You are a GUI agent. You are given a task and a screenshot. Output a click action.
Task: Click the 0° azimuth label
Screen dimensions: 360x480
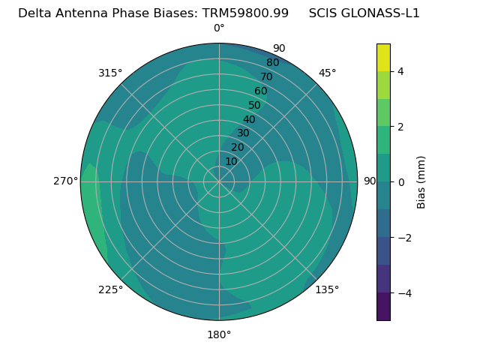pyautogui.click(x=219, y=28)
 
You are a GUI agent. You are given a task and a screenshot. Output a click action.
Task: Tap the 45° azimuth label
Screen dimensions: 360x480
pyautogui.click(x=328, y=73)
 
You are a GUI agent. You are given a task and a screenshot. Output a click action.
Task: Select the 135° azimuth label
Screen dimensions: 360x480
pyautogui.click(x=327, y=289)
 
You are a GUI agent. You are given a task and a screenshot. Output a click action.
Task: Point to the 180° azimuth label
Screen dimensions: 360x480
pyautogui.click(x=219, y=334)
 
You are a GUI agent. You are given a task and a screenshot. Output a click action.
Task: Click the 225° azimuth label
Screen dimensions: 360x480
pyautogui.click(x=110, y=289)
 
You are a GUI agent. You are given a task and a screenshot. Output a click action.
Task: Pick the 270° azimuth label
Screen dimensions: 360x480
pyautogui.click(x=65, y=181)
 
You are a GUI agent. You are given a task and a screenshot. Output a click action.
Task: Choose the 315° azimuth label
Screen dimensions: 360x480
pyautogui.click(x=110, y=73)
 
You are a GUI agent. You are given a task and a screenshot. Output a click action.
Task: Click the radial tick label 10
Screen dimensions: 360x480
pyautogui.click(x=231, y=161)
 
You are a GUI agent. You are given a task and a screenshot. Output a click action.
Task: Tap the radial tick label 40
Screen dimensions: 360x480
pyautogui.click(x=249, y=119)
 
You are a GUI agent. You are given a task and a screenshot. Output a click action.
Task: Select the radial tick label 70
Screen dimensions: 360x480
pyautogui.click(x=266, y=76)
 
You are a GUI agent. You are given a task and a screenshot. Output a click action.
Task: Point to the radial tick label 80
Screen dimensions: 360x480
pyautogui.click(x=272, y=62)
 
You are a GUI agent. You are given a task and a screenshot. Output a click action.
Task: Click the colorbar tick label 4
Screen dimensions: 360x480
pyautogui.click(x=401, y=71)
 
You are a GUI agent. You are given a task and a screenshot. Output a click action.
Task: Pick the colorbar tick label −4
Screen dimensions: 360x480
pyautogui.click(x=403, y=292)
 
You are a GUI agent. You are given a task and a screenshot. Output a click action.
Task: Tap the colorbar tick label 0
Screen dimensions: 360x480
pyautogui.click(x=401, y=182)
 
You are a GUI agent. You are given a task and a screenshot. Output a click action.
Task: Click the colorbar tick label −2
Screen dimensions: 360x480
pyautogui.click(x=403, y=238)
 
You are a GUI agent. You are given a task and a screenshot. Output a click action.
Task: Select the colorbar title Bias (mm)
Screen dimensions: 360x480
pyautogui.click(x=421, y=182)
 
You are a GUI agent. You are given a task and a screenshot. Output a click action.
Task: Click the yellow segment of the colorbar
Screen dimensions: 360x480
pyautogui.click(x=383, y=57)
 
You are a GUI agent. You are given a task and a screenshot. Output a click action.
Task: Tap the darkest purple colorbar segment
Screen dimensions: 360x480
pyautogui.click(x=383, y=306)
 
